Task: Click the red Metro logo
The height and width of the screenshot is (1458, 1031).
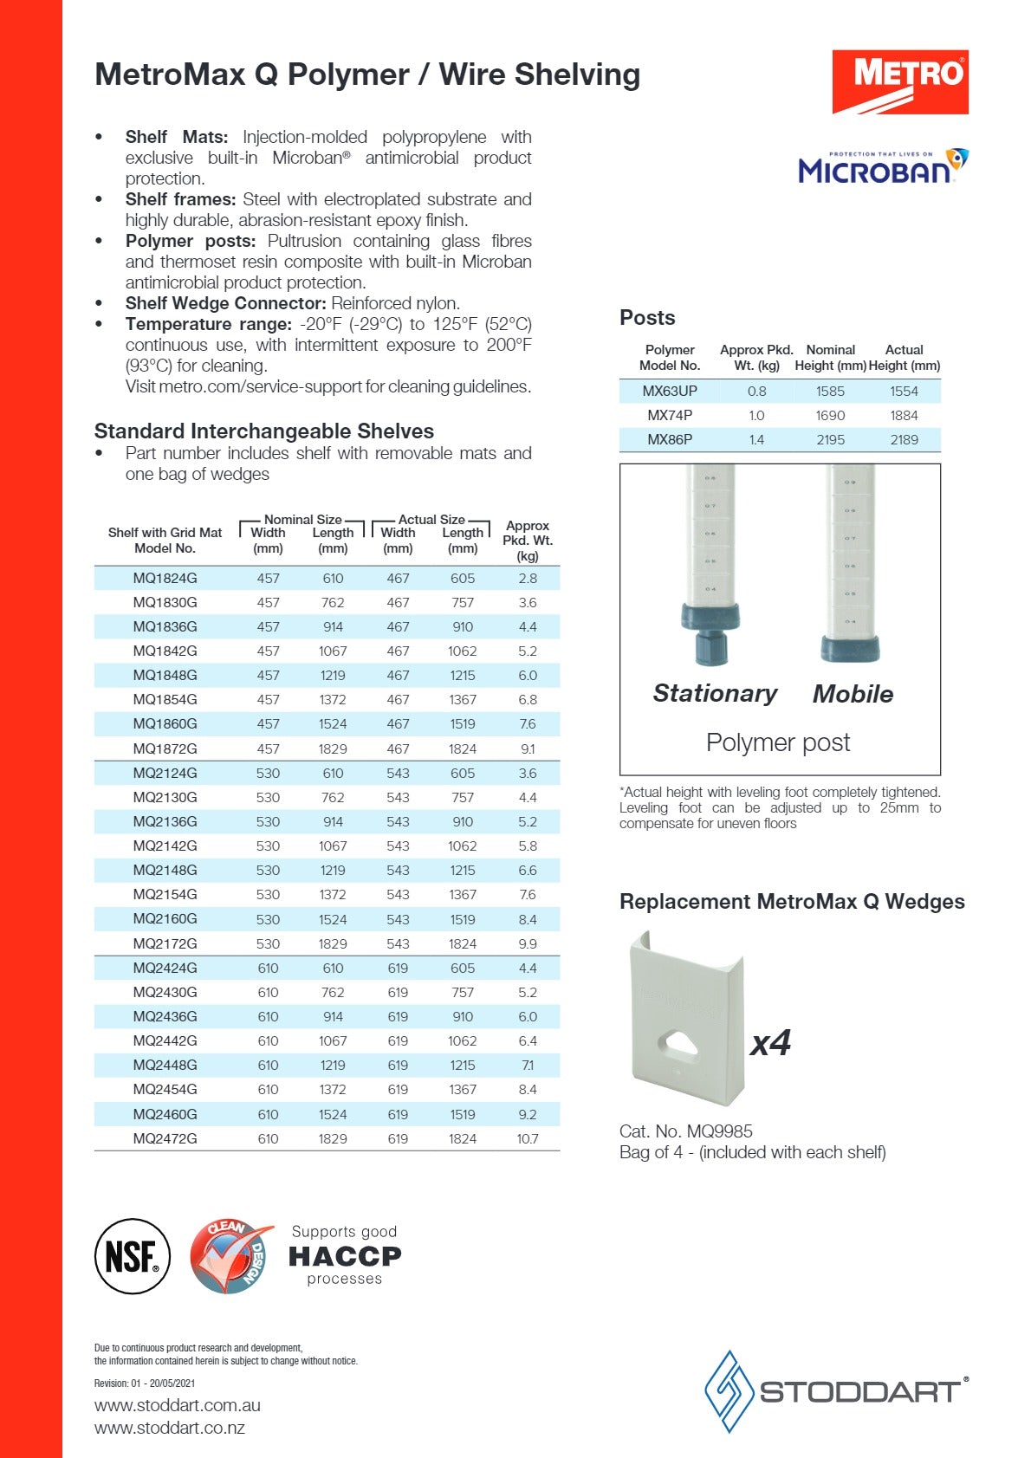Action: pos(899,81)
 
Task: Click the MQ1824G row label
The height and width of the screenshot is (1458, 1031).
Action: pos(165,578)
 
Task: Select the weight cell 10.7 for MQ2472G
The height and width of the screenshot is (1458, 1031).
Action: pos(527,1138)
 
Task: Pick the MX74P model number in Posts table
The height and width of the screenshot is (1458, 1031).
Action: pos(670,415)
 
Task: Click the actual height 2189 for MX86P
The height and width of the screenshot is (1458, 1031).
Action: pos(904,439)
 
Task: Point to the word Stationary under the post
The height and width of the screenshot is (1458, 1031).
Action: pos(715,693)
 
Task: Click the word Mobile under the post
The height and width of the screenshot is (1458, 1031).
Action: pos(853,694)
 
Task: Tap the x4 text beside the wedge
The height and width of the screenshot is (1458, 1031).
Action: pos(770,1042)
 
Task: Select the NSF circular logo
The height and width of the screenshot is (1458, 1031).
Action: pos(132,1256)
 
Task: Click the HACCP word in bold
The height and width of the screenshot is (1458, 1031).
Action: pos(344,1255)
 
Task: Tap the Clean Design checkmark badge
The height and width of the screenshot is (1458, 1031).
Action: pos(229,1256)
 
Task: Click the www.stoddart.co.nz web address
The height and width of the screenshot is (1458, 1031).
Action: pos(170,1428)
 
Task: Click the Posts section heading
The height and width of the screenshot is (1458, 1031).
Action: pos(647,317)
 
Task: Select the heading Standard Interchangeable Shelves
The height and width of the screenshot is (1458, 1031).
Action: pos(263,431)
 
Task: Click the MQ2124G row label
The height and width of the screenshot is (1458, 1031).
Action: pos(165,773)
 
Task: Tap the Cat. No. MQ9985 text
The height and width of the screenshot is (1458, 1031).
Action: pos(685,1131)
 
